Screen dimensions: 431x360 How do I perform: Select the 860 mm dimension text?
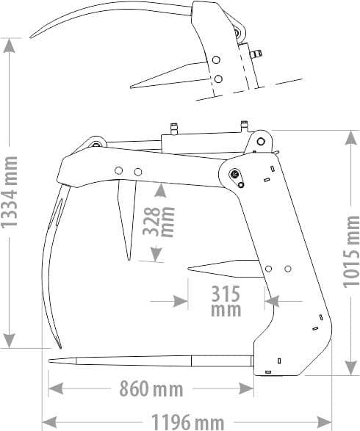[x=151, y=387]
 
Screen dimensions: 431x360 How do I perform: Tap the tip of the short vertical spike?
[x=129, y=259]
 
